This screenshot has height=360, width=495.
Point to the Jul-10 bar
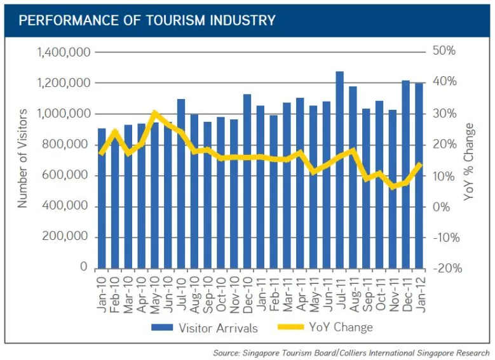181,183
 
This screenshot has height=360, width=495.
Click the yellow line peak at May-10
154,113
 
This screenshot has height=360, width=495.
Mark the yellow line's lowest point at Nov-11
393,187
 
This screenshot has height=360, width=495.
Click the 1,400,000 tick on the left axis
63,52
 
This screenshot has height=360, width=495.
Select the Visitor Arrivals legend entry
203,328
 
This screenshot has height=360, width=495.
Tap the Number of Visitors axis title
23,159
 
